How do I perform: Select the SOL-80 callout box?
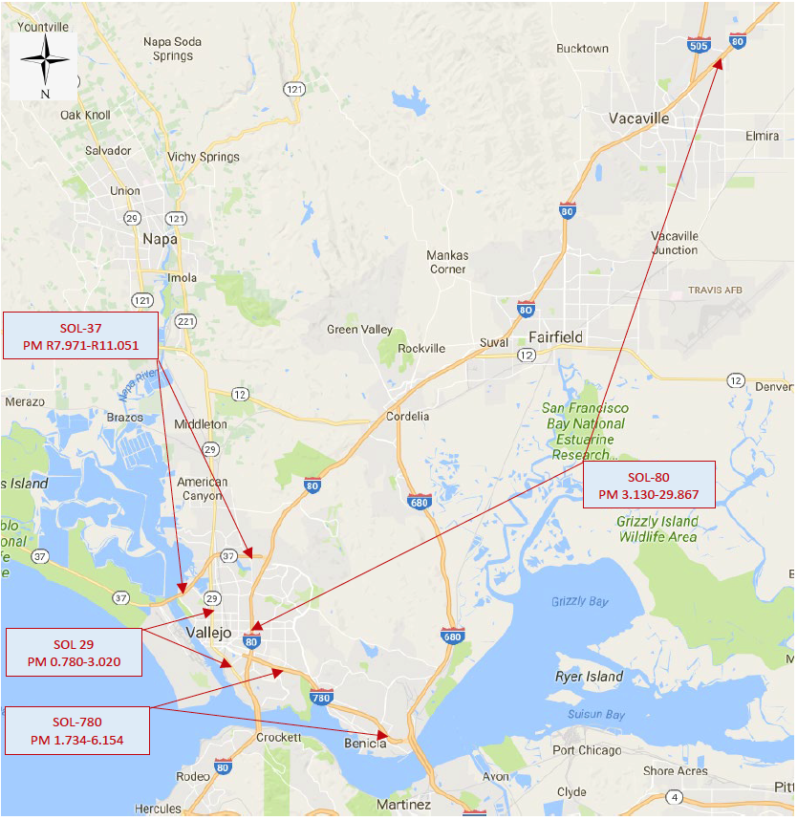coord(649,485)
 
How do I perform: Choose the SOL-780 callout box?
coord(77,731)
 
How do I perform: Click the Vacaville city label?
coord(639,119)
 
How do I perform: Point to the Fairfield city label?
coord(555,336)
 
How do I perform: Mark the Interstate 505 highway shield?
coord(699,45)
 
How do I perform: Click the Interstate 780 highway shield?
coord(321,699)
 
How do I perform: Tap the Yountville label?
coord(43,27)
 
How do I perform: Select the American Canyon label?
coord(203,488)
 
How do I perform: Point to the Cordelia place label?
coord(407,416)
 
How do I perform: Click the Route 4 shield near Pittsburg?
coord(677,797)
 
